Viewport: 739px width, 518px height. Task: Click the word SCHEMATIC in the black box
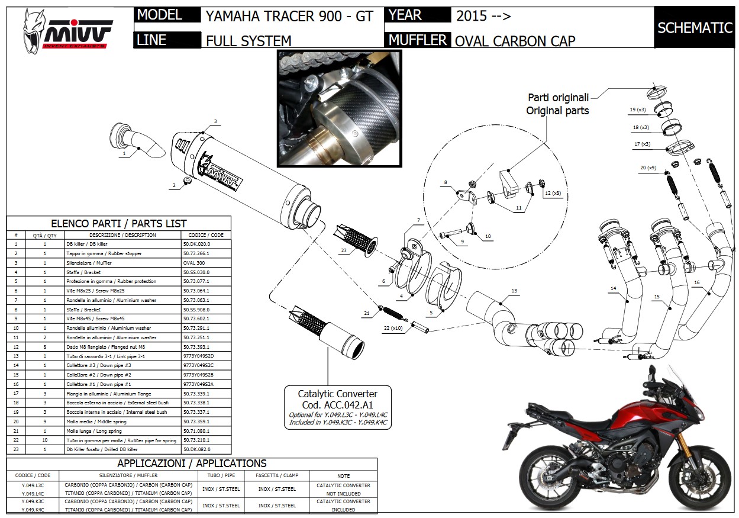(x=695, y=28)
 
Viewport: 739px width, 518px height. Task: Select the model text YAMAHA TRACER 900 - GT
(x=289, y=17)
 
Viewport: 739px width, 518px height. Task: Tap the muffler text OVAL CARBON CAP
(x=515, y=40)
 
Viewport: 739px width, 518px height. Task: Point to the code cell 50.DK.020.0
(x=197, y=244)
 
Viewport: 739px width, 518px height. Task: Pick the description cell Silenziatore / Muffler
(x=88, y=263)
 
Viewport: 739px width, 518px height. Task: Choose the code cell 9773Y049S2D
(x=198, y=356)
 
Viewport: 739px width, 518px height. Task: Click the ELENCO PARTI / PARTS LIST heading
(x=119, y=224)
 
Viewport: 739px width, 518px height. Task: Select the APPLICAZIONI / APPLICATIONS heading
(x=192, y=464)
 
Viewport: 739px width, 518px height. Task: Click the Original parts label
(x=557, y=111)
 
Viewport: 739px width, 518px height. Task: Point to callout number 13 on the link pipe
(x=514, y=291)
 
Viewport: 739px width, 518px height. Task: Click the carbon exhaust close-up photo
(x=339, y=108)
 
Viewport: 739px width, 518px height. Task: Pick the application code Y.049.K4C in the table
(x=32, y=509)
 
